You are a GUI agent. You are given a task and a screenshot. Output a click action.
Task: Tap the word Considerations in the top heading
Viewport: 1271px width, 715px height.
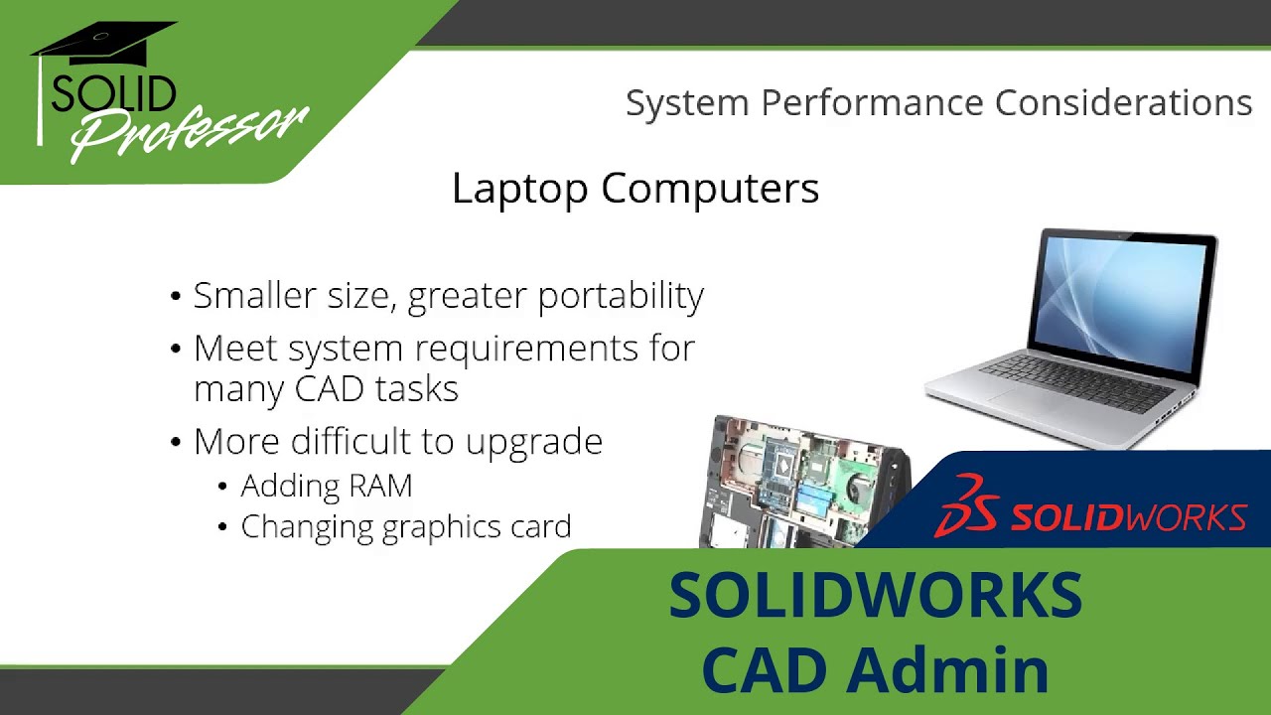pos(1123,102)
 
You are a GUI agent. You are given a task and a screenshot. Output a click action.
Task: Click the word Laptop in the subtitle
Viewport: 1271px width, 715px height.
pos(519,190)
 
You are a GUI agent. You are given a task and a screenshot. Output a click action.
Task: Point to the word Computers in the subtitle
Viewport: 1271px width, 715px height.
pos(710,190)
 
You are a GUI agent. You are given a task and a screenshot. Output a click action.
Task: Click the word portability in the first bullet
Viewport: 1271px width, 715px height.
pos(621,297)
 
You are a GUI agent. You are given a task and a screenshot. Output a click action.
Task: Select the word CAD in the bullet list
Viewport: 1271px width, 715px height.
pos(329,389)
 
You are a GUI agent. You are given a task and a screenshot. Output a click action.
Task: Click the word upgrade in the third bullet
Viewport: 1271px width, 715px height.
pos(534,443)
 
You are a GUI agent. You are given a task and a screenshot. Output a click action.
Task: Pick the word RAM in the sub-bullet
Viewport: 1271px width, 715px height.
pos(380,486)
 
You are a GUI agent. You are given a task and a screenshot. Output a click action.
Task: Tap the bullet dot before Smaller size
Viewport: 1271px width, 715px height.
pos(176,296)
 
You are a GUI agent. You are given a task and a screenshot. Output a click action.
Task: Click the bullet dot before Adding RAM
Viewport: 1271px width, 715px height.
pos(222,487)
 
